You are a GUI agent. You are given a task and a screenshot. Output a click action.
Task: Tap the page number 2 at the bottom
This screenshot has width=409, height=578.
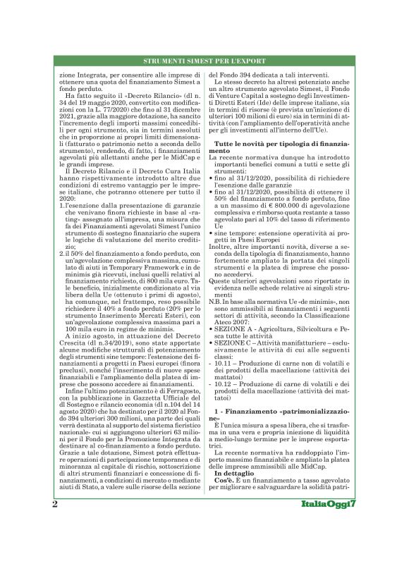(x=55, y=506)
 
